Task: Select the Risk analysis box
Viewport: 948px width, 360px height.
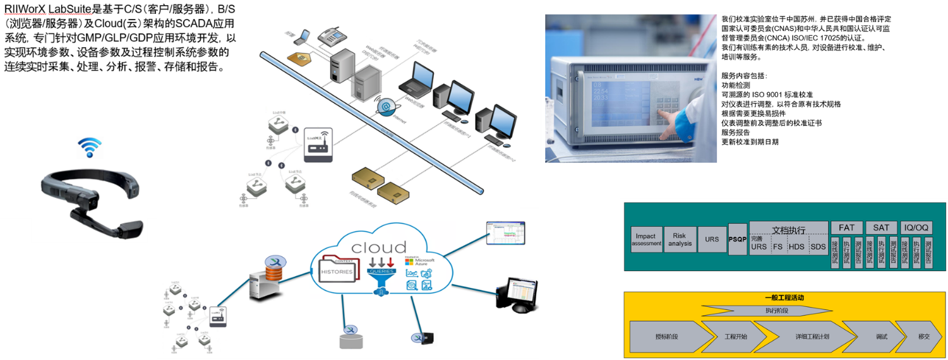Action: pos(680,239)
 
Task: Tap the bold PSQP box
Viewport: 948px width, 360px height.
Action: pos(737,240)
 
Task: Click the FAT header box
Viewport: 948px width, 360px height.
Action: pos(846,227)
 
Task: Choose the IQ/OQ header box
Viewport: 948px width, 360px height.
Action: pos(916,227)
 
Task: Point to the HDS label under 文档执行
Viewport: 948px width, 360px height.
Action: pos(796,246)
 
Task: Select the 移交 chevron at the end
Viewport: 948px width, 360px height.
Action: pos(923,336)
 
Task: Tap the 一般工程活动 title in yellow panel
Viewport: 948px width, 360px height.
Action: pos(784,297)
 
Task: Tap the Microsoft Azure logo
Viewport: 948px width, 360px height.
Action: pos(420,261)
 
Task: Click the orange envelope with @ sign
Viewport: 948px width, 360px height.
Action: pos(303,60)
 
